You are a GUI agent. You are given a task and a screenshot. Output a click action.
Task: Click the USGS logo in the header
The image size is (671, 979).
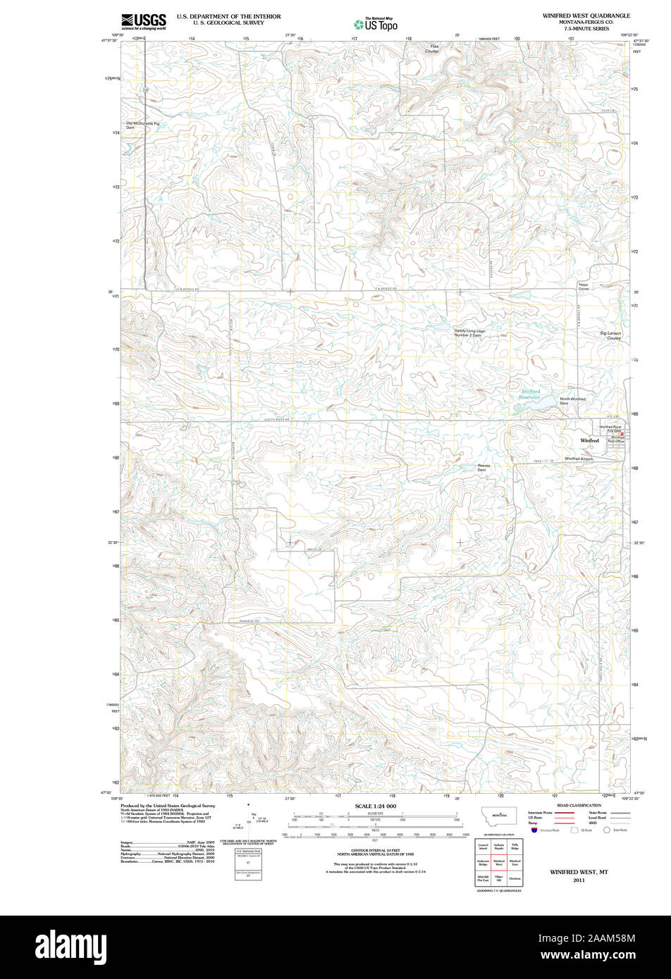click(144, 21)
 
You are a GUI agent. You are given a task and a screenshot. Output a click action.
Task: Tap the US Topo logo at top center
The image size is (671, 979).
click(376, 24)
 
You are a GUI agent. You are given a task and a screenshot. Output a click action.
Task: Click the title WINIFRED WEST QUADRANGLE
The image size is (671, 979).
click(586, 15)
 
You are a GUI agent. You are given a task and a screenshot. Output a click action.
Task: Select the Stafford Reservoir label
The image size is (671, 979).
click(530, 394)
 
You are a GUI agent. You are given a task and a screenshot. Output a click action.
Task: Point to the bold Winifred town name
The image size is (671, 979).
click(589, 440)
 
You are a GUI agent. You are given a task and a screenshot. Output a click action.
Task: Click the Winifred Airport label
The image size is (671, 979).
click(579, 459)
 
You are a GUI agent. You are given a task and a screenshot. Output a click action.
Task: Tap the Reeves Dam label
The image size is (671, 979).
click(484, 468)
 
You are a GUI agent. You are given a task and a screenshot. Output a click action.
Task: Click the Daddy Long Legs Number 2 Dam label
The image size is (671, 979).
click(469, 333)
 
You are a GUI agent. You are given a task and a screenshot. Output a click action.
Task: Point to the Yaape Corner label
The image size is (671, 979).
click(584, 287)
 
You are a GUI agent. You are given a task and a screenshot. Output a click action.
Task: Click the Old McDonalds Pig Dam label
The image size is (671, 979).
click(143, 125)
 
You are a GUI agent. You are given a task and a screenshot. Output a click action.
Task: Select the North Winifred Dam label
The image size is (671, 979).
click(572, 401)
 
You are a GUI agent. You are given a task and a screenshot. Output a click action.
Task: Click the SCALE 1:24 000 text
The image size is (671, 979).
click(376, 806)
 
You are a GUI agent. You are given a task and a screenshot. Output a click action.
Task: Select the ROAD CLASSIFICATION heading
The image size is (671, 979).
click(579, 805)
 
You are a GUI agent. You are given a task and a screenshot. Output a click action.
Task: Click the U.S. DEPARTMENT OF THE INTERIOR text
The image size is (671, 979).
click(228, 16)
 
